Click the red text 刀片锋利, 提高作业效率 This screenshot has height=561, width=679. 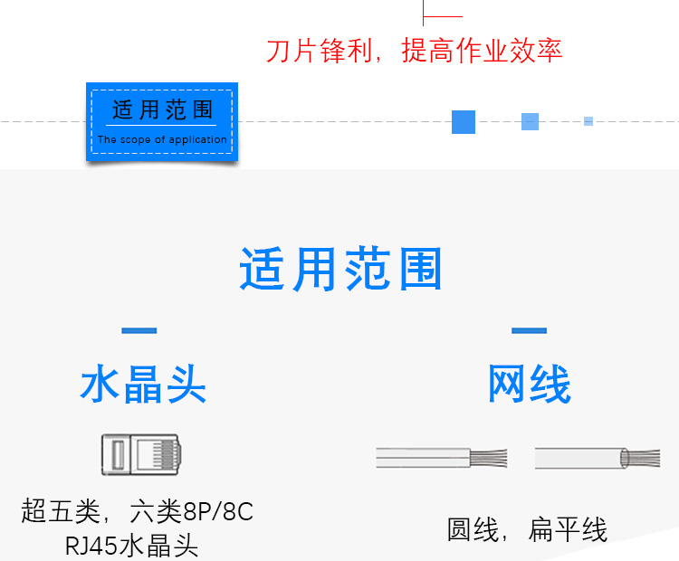tap(414, 51)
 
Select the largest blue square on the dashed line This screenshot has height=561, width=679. tap(464, 121)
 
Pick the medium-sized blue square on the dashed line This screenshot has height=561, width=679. tap(530, 121)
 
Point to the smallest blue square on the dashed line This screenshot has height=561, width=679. tap(588, 121)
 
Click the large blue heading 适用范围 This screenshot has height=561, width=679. tap(340, 270)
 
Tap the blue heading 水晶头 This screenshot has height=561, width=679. tap(143, 385)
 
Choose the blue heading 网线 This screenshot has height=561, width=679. tap(530, 385)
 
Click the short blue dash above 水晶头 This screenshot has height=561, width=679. tap(139, 330)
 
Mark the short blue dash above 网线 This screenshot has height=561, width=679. tap(529, 330)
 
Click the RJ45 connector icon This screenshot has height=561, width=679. tap(139, 454)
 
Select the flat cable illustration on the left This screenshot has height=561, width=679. tap(441, 458)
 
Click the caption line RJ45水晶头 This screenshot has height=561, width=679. tap(132, 547)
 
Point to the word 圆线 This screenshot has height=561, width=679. tap(473, 530)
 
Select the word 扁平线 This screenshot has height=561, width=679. tap(568, 530)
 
